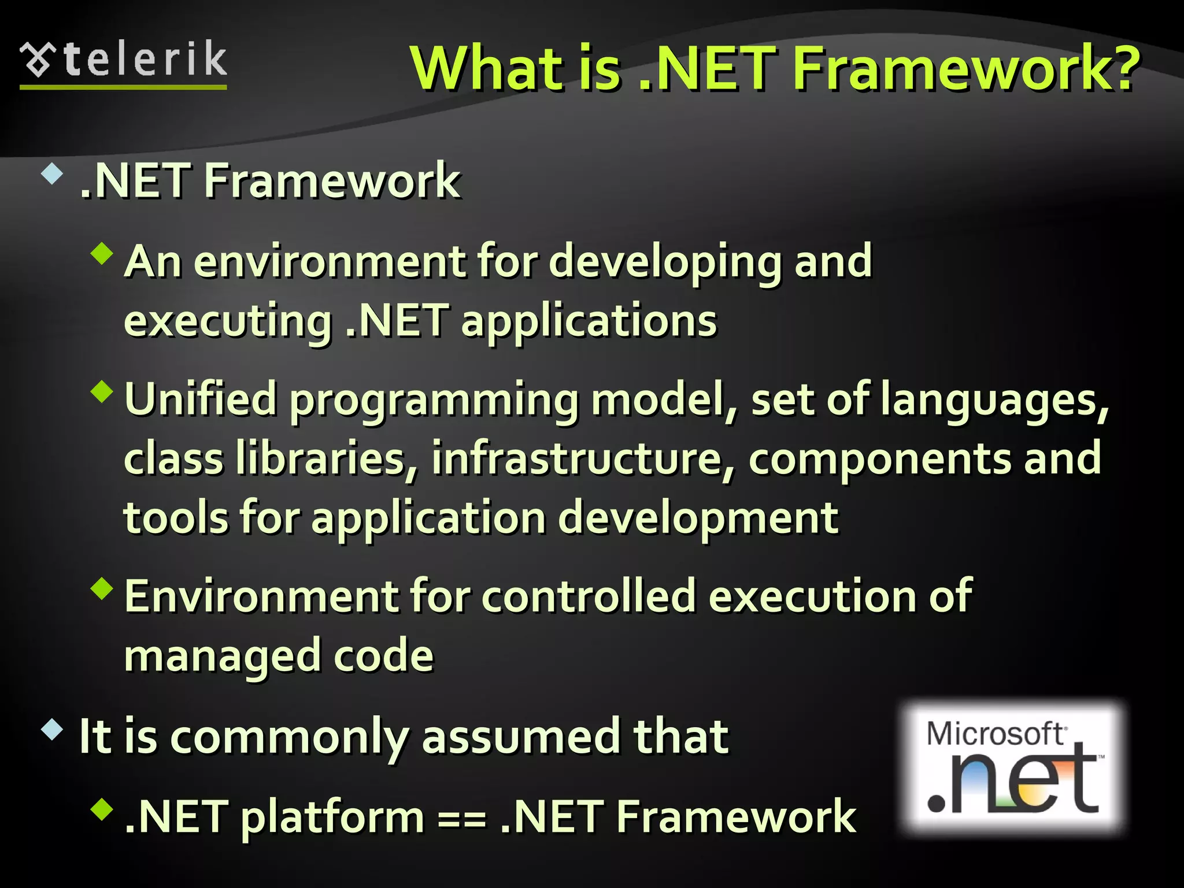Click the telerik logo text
145,60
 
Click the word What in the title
486,68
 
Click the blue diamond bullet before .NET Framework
52,174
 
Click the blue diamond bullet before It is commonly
52,730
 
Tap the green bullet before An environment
102,253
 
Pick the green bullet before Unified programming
102,391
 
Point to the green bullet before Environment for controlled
102,589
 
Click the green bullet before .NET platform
102,809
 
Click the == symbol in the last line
462,819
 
